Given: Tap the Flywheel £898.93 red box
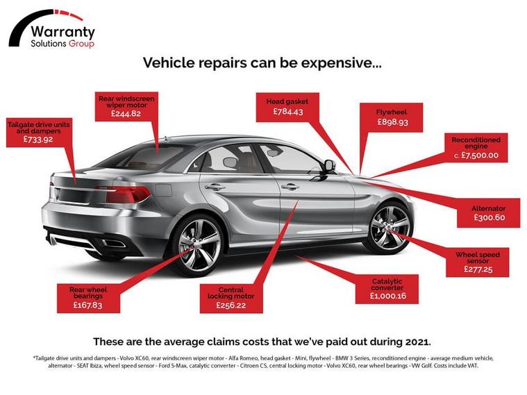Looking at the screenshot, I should coord(392,117).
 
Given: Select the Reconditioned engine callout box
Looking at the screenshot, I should coord(475,148).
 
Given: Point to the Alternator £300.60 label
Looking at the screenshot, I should coord(489,213).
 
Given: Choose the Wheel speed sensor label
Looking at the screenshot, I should coord(477,262).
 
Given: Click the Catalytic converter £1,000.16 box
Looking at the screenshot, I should coord(387,288).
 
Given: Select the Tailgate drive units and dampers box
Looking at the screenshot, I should coord(39,131).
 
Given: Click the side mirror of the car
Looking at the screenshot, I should coord(328,166).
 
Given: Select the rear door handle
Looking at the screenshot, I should coord(215,187).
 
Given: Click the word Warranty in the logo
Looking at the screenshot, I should coord(63,32).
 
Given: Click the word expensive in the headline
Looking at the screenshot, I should coord(342,63).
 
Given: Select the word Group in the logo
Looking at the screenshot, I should coord(81,44).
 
